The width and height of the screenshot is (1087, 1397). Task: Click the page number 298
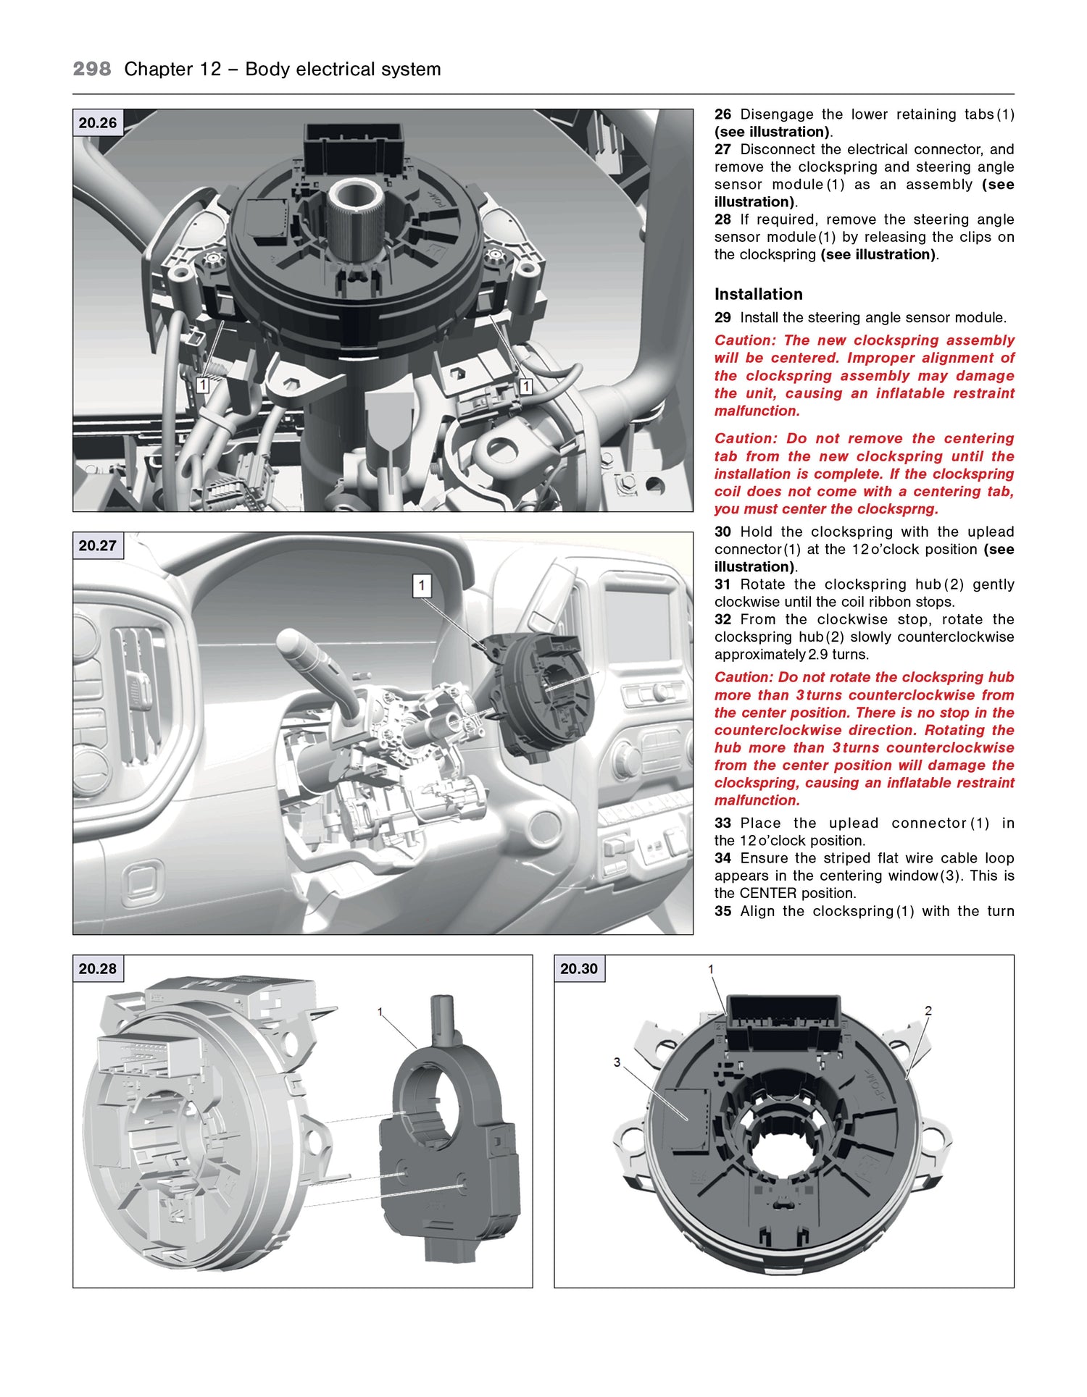pos(92,70)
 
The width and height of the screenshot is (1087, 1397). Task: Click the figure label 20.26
pos(98,123)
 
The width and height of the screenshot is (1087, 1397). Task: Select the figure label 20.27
pos(98,546)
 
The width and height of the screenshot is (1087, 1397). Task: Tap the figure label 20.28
pos(98,969)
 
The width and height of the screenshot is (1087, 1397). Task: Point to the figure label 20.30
pos(579,969)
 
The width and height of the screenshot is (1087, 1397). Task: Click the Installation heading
pos(758,294)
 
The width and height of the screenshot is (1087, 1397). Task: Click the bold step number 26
pos(722,114)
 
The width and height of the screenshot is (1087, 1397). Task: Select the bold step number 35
pos(722,911)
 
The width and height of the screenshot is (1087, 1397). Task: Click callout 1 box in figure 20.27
pos(422,585)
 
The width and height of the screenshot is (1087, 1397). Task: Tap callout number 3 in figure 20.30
pos(617,1062)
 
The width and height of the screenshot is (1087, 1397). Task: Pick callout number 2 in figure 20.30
pos(928,1011)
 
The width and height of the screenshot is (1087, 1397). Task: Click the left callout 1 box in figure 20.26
pos(203,386)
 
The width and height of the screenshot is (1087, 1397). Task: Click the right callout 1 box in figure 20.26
pos(526,387)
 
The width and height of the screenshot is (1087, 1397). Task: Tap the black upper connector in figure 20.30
pos(783,1023)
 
